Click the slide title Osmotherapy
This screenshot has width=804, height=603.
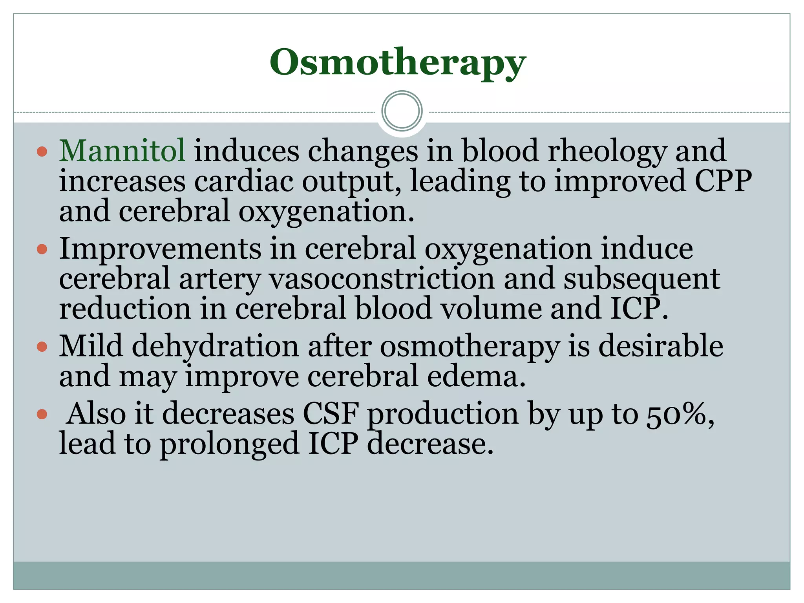coord(397,63)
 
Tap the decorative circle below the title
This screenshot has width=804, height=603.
coord(402,111)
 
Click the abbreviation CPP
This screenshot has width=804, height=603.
coord(723,181)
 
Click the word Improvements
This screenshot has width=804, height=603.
coord(160,249)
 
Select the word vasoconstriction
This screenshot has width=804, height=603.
coord(382,279)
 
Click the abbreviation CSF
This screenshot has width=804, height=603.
coord(331,414)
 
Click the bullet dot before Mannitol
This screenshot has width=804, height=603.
coord(42,152)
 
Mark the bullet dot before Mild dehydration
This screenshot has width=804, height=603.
coord(42,347)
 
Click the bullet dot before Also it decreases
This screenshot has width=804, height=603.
coord(42,414)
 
